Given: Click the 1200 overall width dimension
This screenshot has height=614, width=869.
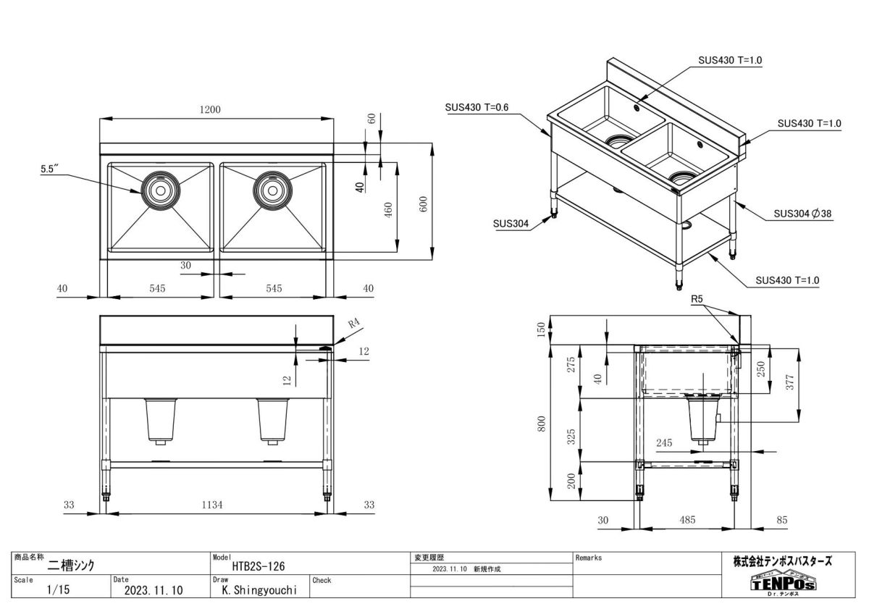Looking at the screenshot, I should coord(209,109).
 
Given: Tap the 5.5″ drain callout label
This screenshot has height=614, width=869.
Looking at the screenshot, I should coord(49,169).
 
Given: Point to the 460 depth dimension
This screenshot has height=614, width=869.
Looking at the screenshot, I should coord(387,210).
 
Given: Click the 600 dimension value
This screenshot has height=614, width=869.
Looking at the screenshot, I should coord(424,204).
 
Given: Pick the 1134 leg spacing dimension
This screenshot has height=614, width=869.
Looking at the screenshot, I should coord(214,505).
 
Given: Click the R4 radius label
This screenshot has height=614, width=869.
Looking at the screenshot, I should coord(354,325).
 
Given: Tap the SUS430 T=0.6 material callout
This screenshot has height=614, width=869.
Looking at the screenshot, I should coord(477,107).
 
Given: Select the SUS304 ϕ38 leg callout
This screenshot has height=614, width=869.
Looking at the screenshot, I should coord(802,214).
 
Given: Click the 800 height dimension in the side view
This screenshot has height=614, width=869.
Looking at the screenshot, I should coord(541,424).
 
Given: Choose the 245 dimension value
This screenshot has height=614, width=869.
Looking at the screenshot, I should coord(664,441).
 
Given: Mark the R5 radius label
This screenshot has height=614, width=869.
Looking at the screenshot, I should coord(697,298).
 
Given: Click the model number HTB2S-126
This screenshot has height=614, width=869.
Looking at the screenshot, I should coord(263,568).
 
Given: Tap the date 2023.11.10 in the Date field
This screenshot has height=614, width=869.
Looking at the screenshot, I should coord(154,590).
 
